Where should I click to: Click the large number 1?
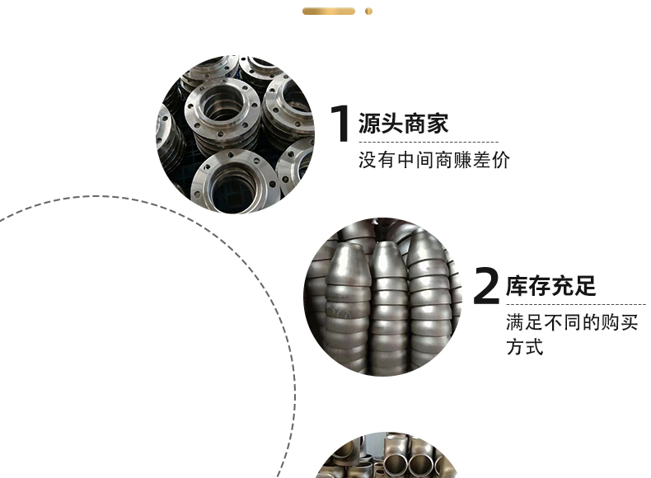[340, 124]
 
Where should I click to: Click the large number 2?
[486, 286]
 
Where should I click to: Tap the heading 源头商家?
[403, 124]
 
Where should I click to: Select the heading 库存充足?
[551, 286]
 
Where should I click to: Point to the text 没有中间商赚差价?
[433, 160]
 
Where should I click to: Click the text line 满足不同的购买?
[572, 322]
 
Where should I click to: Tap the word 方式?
[524, 347]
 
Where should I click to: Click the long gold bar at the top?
[329, 12]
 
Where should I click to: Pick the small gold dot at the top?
[368, 12]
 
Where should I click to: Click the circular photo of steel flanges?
[236, 134]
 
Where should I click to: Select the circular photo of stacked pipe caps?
[383, 297]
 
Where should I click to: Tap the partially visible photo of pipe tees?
[386, 455]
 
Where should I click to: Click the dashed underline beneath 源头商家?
[429, 142]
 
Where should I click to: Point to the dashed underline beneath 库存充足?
[576, 304]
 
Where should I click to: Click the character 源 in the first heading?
[369, 124]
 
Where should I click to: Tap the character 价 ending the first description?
[501, 160]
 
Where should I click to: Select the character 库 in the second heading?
[517, 286]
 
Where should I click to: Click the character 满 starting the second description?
[515, 322]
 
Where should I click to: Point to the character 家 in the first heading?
[438, 124]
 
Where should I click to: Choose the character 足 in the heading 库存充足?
[585, 286]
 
